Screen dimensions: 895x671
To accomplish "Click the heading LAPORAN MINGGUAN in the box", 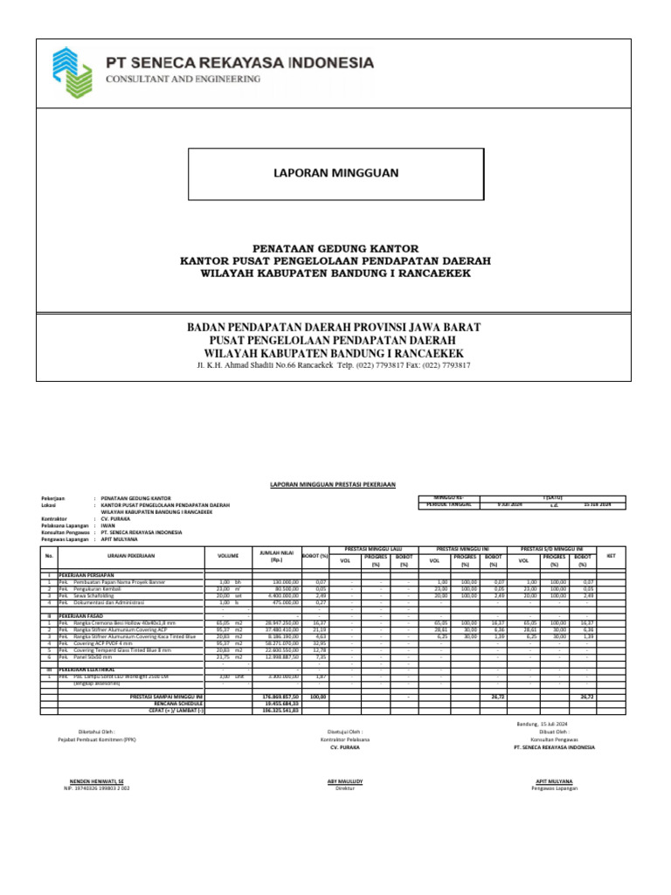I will (x=336, y=173).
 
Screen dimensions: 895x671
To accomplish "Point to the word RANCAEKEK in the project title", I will (x=427, y=274).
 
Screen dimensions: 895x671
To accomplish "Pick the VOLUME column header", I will (x=227, y=555).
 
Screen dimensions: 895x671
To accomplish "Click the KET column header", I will (x=611, y=555).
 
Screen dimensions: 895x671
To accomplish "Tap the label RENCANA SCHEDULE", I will (x=178, y=703).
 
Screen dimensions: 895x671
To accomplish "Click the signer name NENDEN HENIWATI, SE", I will (x=96, y=781).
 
